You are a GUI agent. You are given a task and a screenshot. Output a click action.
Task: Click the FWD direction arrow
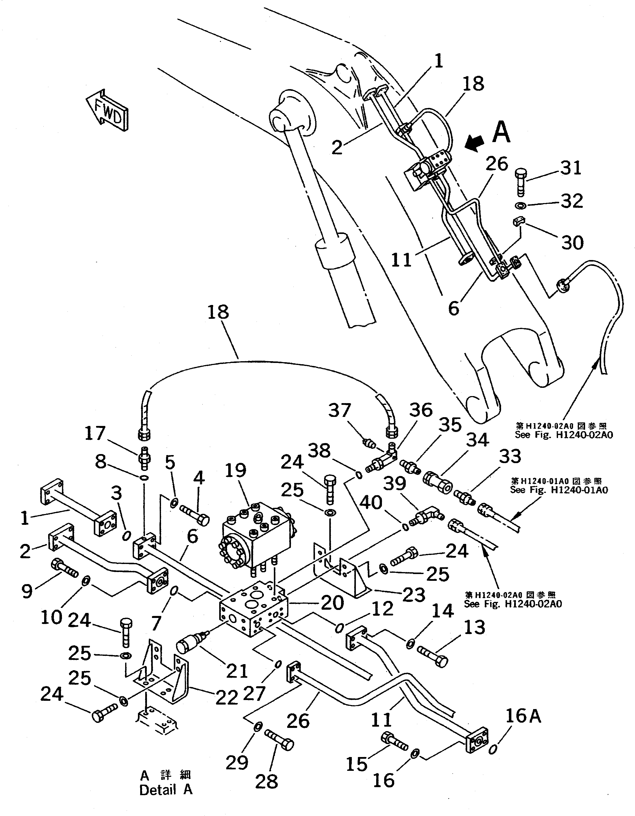click(x=108, y=111)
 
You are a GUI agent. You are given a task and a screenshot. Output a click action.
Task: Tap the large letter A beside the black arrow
click(x=501, y=133)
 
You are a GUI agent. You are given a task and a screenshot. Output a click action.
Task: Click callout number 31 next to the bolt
click(x=571, y=168)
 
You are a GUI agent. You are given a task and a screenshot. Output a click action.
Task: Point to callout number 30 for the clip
click(x=572, y=242)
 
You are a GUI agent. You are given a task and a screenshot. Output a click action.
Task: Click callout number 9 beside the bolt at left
click(x=27, y=591)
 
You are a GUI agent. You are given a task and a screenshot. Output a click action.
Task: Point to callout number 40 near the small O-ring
click(x=371, y=503)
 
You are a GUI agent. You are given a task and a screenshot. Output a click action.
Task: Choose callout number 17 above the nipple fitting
click(x=96, y=433)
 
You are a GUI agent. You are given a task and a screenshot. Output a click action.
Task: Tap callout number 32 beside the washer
click(x=572, y=201)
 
